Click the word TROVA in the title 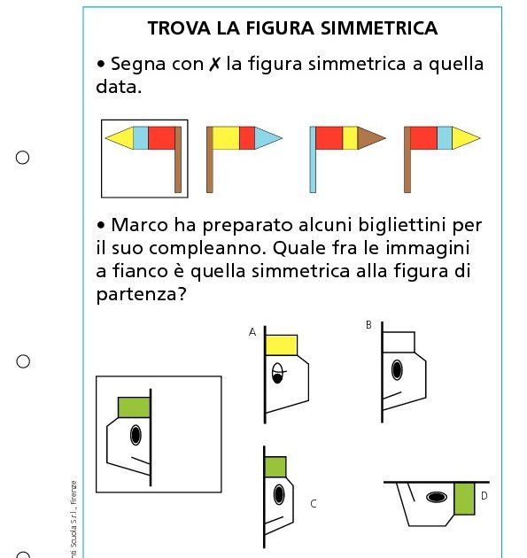pyautogui.click(x=174, y=28)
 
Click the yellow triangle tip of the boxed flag pyautogui.click(x=119, y=137)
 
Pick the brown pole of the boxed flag pyautogui.click(x=178, y=159)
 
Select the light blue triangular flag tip pyautogui.click(x=268, y=137)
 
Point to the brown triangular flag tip pyautogui.click(x=371, y=137)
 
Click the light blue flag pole pyautogui.click(x=313, y=159)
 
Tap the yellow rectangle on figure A pyautogui.click(x=282, y=345)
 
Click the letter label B pyautogui.click(x=368, y=325)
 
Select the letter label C pyautogui.click(x=313, y=504)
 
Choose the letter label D pyautogui.click(x=484, y=496)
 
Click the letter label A pyautogui.click(x=252, y=332)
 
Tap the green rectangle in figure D pyautogui.click(x=464, y=499)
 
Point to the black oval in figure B pyautogui.click(x=398, y=369)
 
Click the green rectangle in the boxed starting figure pyautogui.click(x=134, y=407)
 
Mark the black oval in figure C pyautogui.click(x=279, y=494)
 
